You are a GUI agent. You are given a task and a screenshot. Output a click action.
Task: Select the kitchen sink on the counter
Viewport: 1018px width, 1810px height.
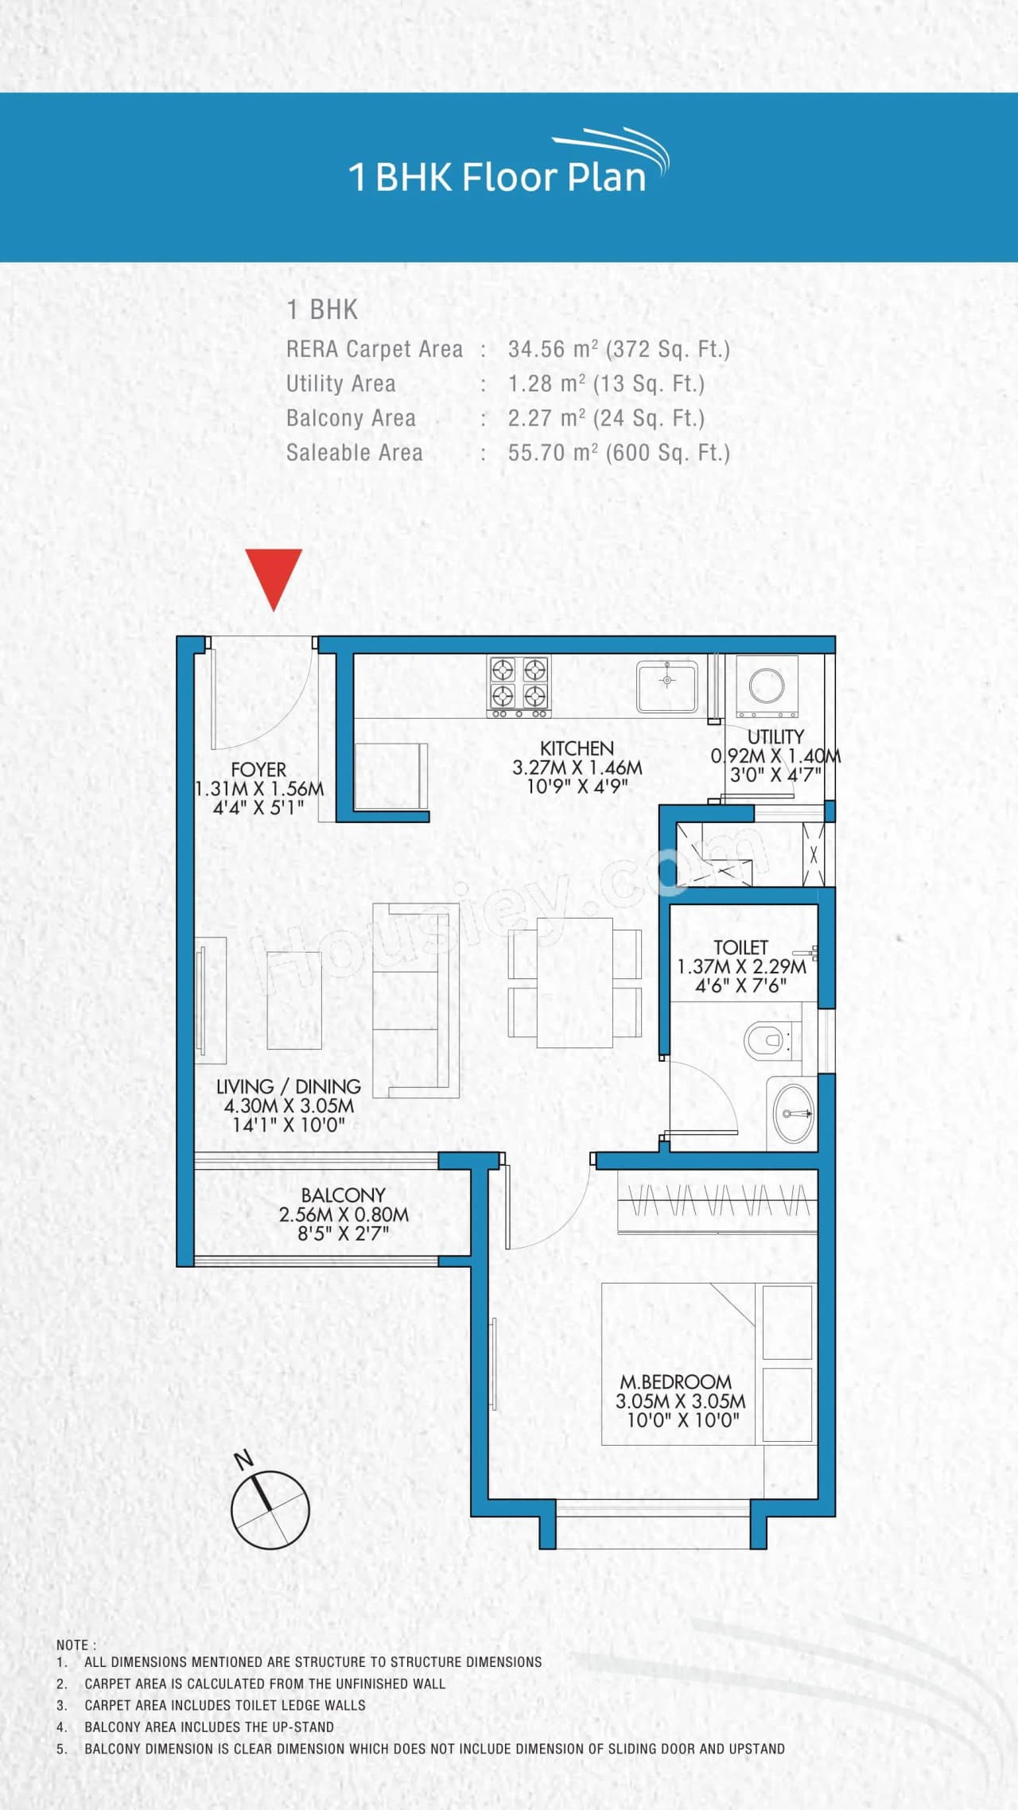[x=666, y=684]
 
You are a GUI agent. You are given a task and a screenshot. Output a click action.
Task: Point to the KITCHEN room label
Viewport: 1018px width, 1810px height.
[x=577, y=748]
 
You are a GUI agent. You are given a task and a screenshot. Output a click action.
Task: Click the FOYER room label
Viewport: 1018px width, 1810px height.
[x=258, y=770]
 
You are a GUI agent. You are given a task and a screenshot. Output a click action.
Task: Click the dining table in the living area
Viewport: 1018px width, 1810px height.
[x=574, y=983]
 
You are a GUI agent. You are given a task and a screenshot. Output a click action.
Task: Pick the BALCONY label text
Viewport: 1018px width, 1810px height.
[x=343, y=1195]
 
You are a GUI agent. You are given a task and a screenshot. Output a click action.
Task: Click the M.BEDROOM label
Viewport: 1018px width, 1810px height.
[x=675, y=1382]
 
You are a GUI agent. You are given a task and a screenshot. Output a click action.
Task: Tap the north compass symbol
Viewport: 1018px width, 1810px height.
[x=270, y=1509]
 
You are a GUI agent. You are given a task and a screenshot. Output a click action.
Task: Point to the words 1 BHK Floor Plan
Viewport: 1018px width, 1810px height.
[x=498, y=177]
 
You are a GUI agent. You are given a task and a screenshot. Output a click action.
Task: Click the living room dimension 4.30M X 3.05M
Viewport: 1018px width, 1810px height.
[x=289, y=1105]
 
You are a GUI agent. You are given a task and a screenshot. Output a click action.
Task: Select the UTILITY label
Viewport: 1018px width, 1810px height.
[x=775, y=736]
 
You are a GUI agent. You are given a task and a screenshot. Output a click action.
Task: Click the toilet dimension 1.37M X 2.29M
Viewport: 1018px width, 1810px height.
[x=741, y=967]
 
